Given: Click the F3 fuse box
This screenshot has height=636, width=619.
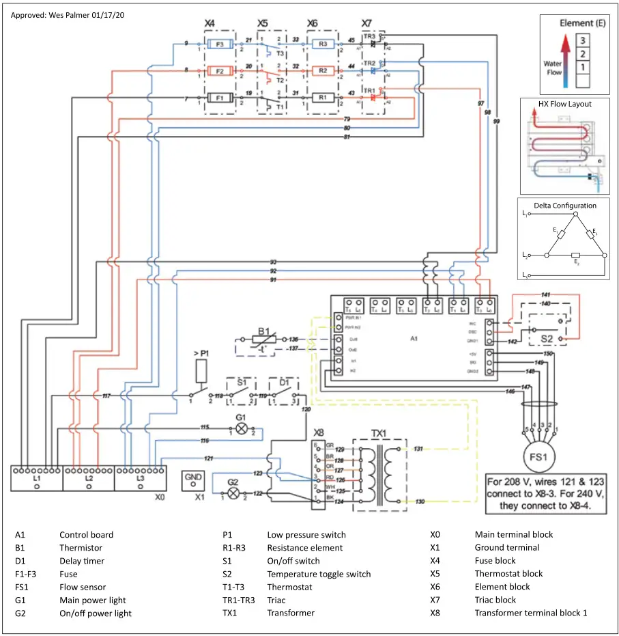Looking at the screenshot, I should click(x=220, y=44).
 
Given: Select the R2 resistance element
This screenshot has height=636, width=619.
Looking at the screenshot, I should click(x=325, y=70).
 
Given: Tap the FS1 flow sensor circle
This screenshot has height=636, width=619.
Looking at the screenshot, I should click(x=540, y=455).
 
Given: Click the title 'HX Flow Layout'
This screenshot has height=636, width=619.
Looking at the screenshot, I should click(x=564, y=104).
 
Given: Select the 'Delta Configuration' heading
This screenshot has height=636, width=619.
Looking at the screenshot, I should click(x=564, y=205).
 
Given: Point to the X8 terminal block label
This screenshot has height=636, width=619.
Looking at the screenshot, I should click(x=319, y=432).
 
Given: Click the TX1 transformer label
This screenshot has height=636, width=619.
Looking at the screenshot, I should click(x=379, y=432).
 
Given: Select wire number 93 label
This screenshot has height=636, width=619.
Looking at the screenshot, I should click(x=273, y=262).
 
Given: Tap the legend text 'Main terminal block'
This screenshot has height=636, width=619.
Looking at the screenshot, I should click(x=514, y=534).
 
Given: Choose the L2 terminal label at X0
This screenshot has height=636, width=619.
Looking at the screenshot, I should click(x=89, y=479).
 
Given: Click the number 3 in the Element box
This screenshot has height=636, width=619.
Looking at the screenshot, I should click(x=582, y=41).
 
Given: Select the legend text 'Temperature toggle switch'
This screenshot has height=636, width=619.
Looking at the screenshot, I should click(x=319, y=574).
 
